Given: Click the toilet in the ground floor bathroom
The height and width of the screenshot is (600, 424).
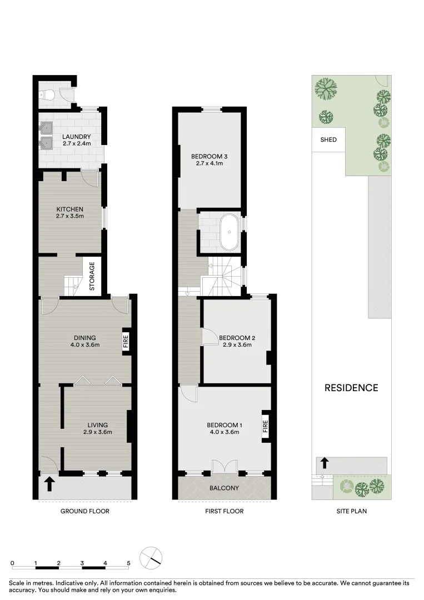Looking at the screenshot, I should (x=47, y=96).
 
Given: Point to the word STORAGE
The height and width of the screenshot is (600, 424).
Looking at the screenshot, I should (x=92, y=277).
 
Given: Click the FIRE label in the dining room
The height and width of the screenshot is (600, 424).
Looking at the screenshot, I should (x=126, y=341).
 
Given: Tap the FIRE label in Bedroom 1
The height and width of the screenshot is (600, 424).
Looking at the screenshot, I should (x=265, y=427).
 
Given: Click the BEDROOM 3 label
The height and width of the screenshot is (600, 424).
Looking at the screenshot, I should (x=209, y=156).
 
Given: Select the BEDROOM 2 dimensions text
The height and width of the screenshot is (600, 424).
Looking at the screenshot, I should (x=237, y=344).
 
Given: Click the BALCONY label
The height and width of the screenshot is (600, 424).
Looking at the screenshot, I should (x=224, y=489).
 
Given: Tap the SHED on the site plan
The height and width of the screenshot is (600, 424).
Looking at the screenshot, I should (x=328, y=140).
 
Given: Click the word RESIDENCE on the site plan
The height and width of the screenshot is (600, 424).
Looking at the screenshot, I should (x=351, y=388).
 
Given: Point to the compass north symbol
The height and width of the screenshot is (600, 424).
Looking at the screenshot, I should (x=151, y=558).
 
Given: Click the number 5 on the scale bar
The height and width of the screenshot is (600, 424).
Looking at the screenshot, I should (x=128, y=563).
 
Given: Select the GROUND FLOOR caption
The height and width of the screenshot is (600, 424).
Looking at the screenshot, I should (x=84, y=511).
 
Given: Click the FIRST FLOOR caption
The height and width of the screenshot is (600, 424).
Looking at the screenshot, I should (x=224, y=511).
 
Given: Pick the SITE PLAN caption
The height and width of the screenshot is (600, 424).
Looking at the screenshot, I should (x=351, y=511).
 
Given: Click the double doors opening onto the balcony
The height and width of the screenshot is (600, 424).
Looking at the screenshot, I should (x=224, y=467).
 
